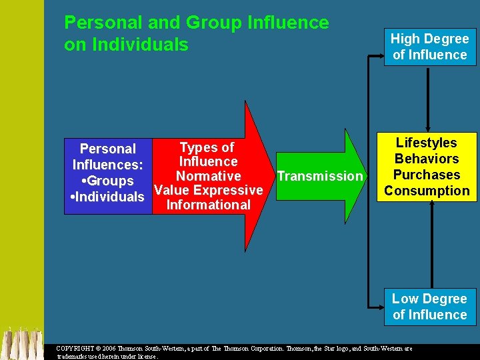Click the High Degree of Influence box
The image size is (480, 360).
pos(430,47)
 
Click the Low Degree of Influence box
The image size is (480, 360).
pos(430,307)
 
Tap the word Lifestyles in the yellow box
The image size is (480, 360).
pos(426,143)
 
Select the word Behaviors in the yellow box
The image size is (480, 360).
pos(427,159)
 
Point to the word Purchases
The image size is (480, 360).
pos(427,175)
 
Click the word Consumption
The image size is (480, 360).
pos(427,191)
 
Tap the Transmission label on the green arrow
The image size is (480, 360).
pos(319,176)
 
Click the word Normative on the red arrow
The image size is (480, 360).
pos(208,176)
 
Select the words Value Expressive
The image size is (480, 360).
pos(208,191)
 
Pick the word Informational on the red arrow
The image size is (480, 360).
pos(208,205)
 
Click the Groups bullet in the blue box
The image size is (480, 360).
pos(107,181)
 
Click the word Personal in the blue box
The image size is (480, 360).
pos(107,149)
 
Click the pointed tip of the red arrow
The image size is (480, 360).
pos(273,176)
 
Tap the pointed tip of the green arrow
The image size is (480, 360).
pos(367,176)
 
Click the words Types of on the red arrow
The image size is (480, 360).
pos(207,147)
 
